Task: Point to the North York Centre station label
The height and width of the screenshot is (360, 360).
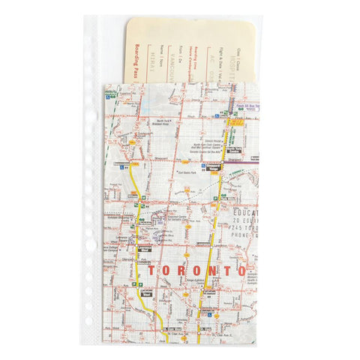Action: point(235,149)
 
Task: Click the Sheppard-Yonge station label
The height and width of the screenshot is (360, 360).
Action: point(214,166)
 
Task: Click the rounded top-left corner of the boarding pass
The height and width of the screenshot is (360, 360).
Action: point(130,22)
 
